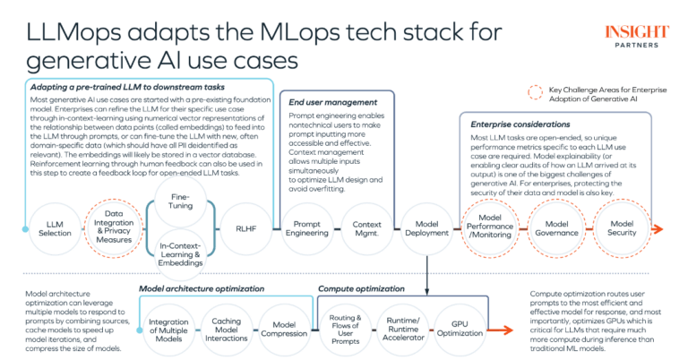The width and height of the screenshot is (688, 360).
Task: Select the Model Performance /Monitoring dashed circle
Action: point(489,229)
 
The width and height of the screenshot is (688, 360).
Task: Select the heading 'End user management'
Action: point(332,102)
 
